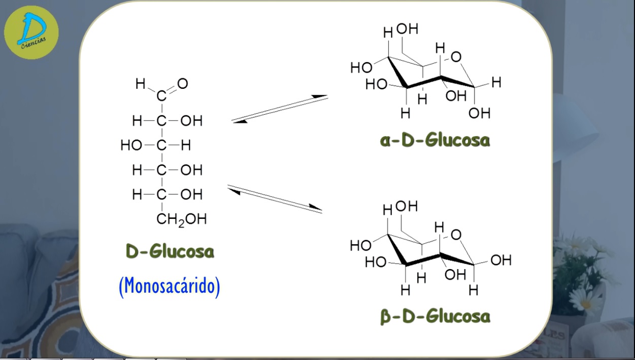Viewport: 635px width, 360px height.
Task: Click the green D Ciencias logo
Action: click(x=31, y=32)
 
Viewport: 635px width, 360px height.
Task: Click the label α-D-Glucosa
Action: click(x=435, y=140)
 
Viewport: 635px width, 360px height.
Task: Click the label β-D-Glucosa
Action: click(x=435, y=316)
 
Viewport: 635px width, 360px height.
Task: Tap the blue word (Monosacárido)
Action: click(x=170, y=286)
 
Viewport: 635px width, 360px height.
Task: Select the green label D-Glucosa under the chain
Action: click(x=170, y=251)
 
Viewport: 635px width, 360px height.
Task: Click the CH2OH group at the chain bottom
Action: click(x=181, y=219)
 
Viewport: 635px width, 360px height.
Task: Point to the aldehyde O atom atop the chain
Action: click(x=183, y=84)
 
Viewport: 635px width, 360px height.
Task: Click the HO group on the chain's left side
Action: click(x=131, y=146)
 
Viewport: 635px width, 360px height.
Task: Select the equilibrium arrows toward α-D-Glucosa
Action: click(x=280, y=109)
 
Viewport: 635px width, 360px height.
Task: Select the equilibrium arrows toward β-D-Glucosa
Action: click(x=275, y=199)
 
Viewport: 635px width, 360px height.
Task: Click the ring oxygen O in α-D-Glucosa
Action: click(x=456, y=57)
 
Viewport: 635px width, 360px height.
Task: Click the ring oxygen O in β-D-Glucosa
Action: click(x=456, y=234)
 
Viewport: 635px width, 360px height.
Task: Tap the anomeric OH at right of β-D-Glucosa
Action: click(x=500, y=260)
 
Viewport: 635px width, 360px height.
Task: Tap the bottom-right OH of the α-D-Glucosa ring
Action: click(x=479, y=113)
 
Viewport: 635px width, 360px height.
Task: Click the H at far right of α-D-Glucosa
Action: click(x=496, y=82)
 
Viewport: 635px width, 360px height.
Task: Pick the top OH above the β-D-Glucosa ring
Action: click(x=406, y=206)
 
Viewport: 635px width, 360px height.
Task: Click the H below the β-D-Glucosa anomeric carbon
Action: click(x=473, y=290)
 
